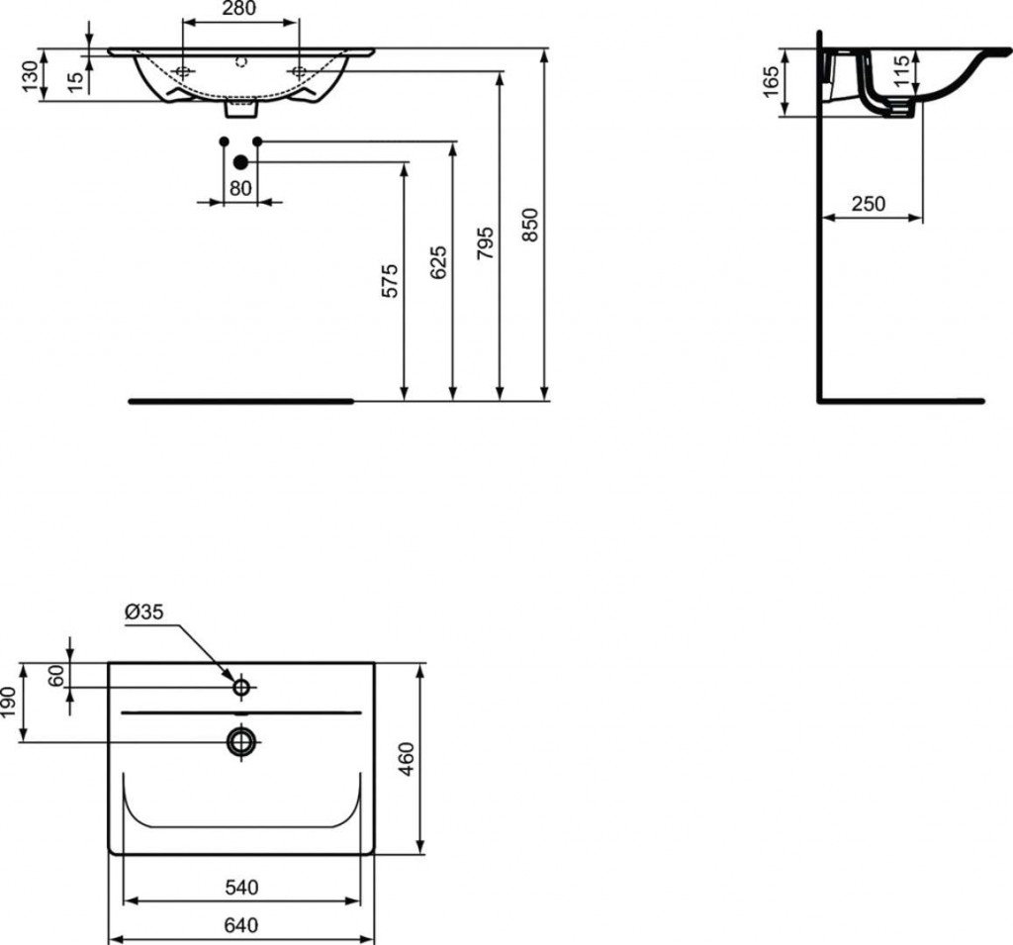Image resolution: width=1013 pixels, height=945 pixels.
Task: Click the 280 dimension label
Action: (x=239, y=10)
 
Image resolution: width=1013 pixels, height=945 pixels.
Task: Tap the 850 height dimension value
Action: (x=530, y=227)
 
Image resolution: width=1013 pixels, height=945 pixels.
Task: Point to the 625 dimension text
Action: (x=439, y=262)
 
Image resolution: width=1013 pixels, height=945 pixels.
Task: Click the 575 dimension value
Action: (x=391, y=281)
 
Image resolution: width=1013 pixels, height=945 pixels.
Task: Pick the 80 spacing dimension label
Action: (x=239, y=187)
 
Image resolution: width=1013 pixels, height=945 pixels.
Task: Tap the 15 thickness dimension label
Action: (x=76, y=80)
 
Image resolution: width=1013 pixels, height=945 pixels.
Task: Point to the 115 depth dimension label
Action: (x=900, y=72)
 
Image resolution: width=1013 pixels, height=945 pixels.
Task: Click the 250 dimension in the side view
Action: (x=868, y=204)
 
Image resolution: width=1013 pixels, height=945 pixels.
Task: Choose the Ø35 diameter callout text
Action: (x=143, y=612)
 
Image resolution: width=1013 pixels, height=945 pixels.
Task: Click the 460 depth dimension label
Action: (x=407, y=759)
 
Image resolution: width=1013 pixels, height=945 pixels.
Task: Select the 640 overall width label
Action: (x=240, y=925)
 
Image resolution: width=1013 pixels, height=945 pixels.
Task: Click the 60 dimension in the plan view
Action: (x=56, y=676)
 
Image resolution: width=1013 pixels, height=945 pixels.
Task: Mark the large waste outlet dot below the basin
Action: (x=240, y=161)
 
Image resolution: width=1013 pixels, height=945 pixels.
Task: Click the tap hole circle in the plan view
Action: (x=241, y=687)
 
